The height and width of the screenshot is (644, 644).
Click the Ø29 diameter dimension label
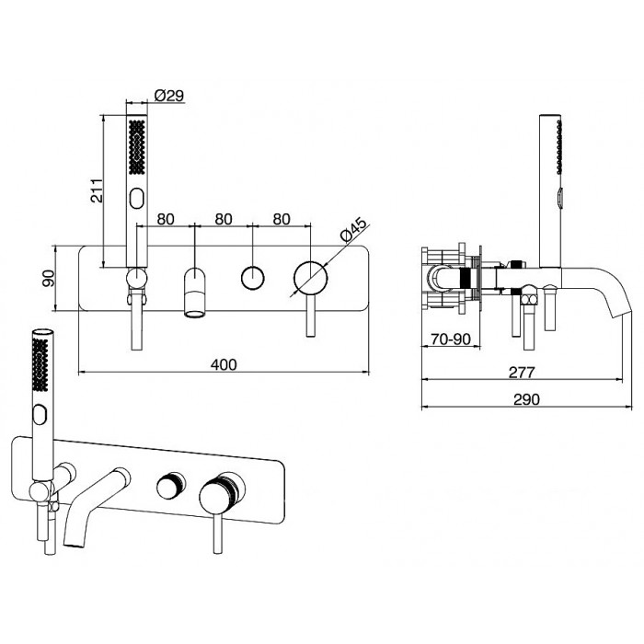pos(169,96)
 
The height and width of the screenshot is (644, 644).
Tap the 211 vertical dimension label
pos(97,190)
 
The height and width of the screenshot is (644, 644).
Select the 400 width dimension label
pos(224,364)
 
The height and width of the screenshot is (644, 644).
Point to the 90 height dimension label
pos(49,278)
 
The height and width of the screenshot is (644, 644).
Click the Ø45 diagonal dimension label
pos(353,230)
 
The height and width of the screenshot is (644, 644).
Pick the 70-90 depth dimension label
pos(451,339)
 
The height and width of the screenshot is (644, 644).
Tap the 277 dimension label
pos(522,372)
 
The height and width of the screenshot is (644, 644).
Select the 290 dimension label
pos(527,399)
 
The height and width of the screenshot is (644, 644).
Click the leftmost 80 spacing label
pos(166,219)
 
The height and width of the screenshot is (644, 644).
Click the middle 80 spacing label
pos(224,219)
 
